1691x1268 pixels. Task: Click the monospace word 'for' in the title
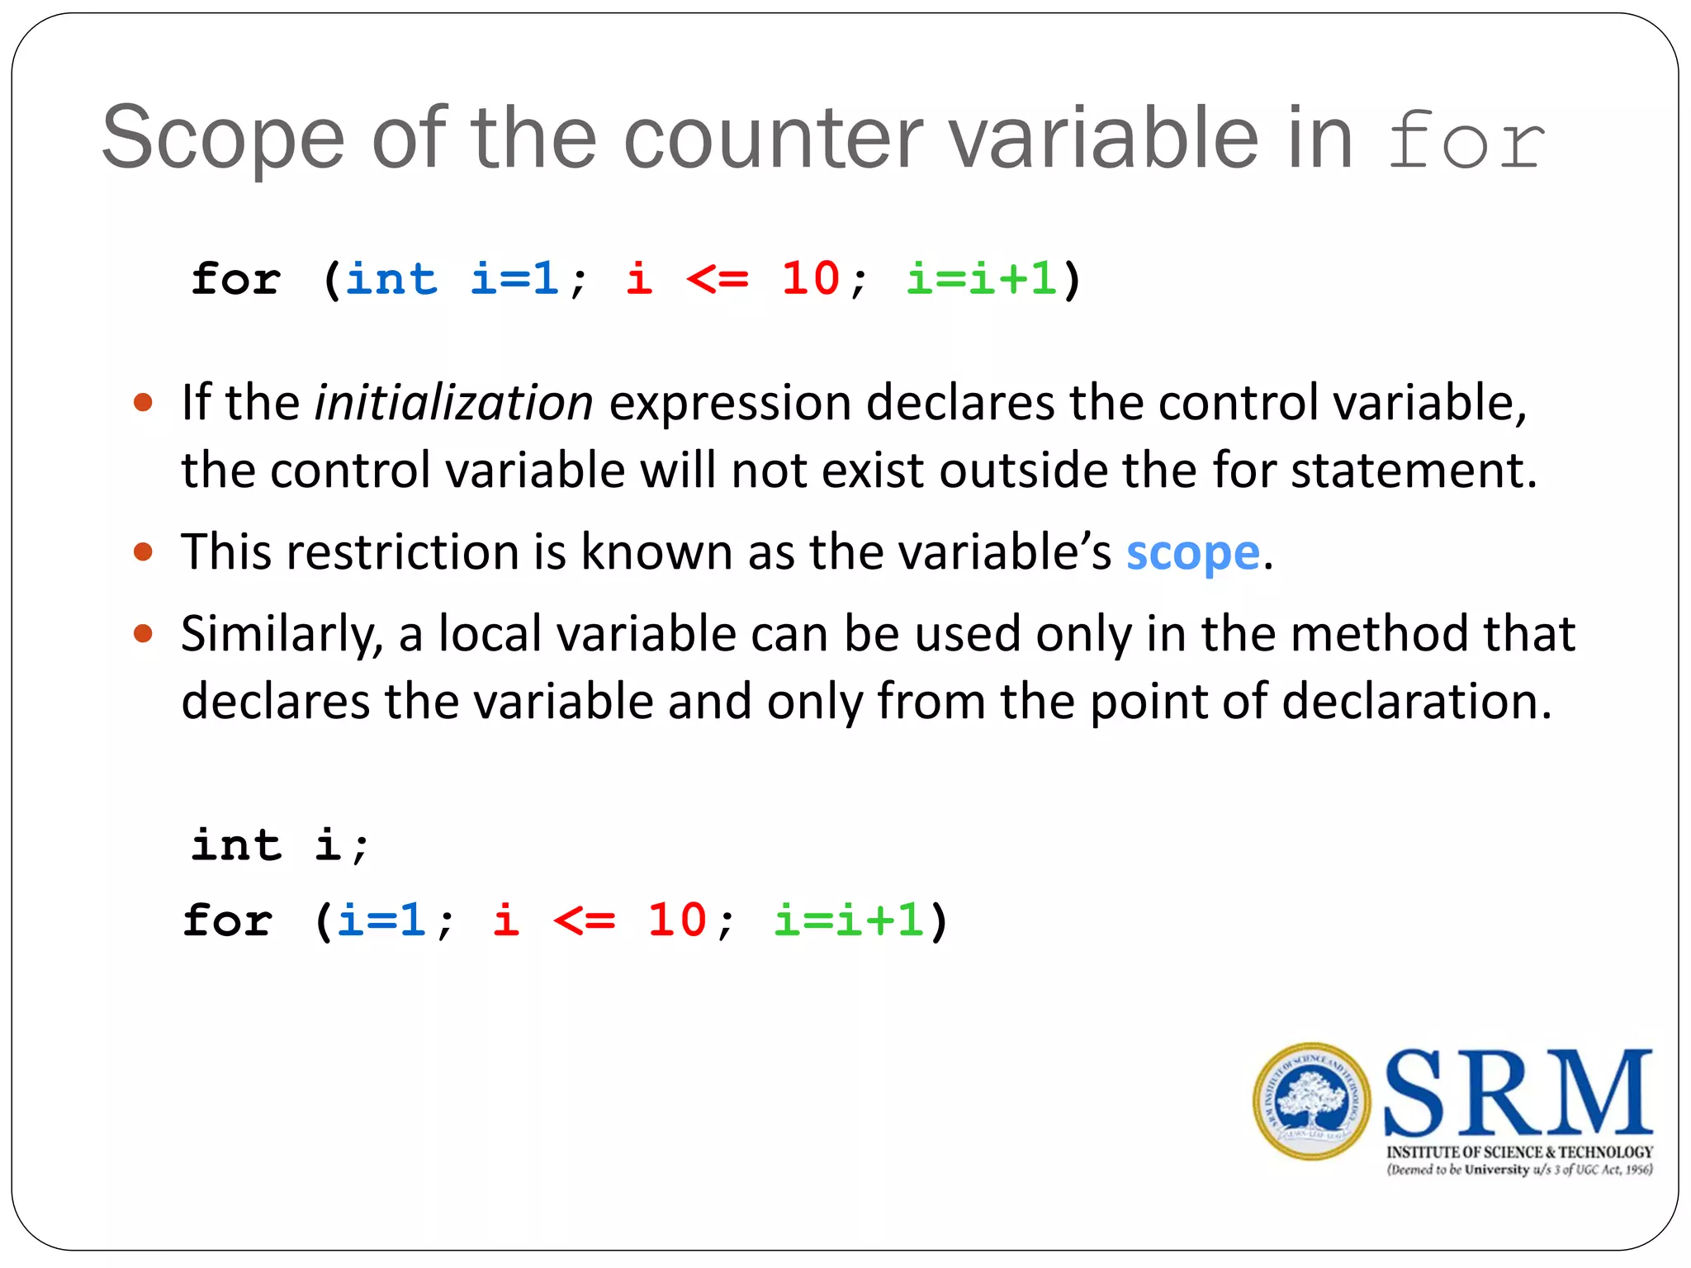pyautogui.click(x=1465, y=140)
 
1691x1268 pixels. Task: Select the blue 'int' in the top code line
pyautogui.click(x=391, y=279)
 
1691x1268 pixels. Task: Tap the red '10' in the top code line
pyautogui.click(x=810, y=279)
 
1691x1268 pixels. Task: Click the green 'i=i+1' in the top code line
pyautogui.click(x=982, y=279)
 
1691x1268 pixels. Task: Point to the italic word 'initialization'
pyautogui.click(x=453, y=403)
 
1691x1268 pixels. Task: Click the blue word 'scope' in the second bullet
pyautogui.click(x=1192, y=552)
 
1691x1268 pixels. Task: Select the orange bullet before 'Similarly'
pyautogui.click(x=143, y=633)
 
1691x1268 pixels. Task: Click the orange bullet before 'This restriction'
pyautogui.click(x=143, y=551)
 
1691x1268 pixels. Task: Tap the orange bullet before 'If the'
pyautogui.click(x=143, y=403)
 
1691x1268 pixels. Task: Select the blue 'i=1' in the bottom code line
pyautogui.click(x=381, y=920)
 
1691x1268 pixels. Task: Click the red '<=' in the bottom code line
pyautogui.click(x=584, y=920)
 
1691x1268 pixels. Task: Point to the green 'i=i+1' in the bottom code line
pyautogui.click(x=848, y=920)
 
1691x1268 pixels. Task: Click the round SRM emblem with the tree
pyautogui.click(x=1311, y=1101)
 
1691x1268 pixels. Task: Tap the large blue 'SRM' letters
pyautogui.click(x=1518, y=1094)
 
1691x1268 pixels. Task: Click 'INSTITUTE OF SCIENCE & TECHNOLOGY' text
pyautogui.click(x=1519, y=1152)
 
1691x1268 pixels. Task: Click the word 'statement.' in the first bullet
pyautogui.click(x=1414, y=471)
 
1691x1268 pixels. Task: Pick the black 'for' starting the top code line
pyautogui.click(x=236, y=279)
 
